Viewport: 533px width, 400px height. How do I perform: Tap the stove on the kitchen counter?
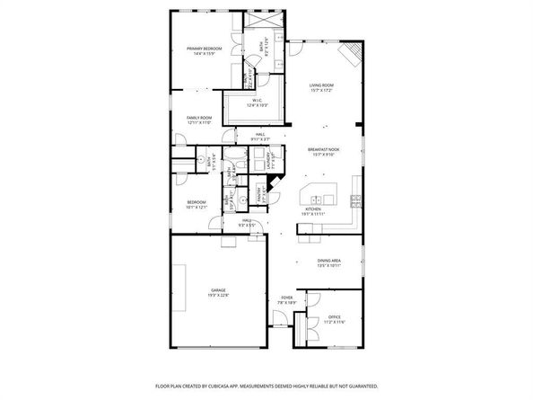coord(356,199)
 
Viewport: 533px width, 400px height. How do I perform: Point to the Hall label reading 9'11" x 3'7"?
coord(258,138)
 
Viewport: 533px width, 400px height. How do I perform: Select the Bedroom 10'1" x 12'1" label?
coord(196,204)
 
